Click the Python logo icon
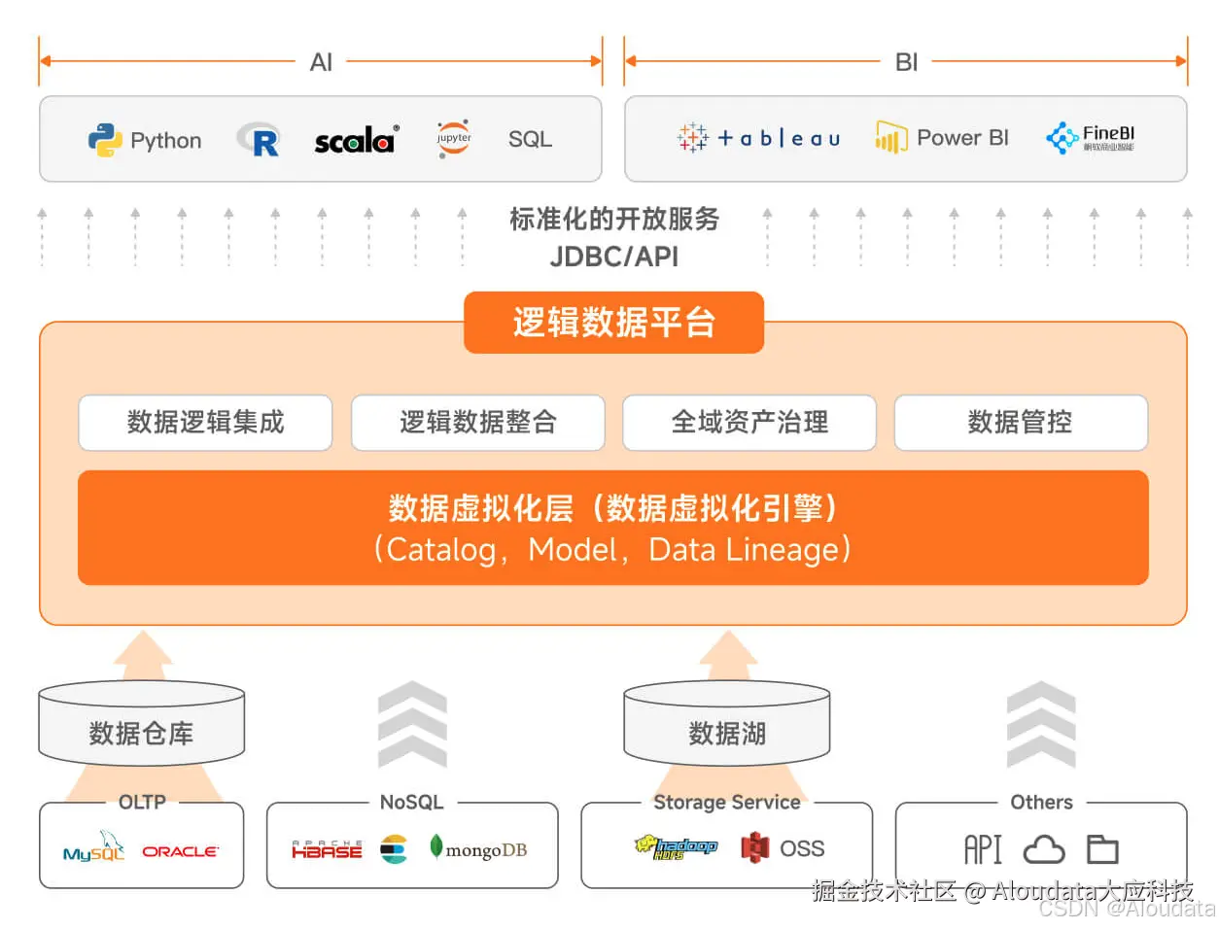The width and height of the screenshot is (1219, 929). pos(104,141)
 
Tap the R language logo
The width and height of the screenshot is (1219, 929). pos(260,141)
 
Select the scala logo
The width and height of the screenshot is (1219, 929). pos(356,141)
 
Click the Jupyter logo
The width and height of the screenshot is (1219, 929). pos(453,139)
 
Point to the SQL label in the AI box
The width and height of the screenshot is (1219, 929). pos(530,140)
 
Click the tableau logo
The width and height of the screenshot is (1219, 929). pos(758,138)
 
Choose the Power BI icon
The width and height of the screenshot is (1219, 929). pos(890,138)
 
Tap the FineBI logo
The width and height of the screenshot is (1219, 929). pos(1091,138)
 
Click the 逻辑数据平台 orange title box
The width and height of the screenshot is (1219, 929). pos(613,323)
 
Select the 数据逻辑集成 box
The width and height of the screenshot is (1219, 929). pos(205,423)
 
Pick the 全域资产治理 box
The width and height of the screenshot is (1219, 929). pos(749,423)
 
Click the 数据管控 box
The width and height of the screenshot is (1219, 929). pos(1021,423)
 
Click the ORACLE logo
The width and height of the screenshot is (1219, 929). pos(181,851)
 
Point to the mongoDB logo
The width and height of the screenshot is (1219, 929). pos(478,849)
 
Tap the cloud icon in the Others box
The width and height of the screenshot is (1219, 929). pos(1044,850)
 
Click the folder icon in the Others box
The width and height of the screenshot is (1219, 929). pos(1102,850)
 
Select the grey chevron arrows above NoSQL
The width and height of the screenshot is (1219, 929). pos(412,724)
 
